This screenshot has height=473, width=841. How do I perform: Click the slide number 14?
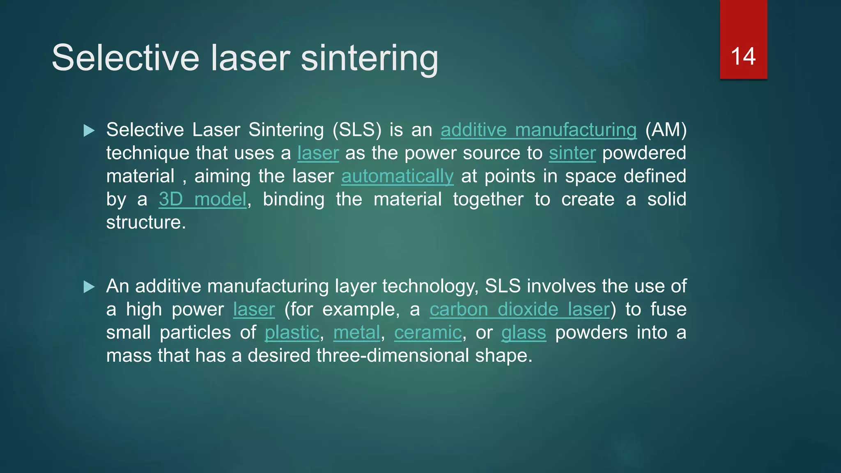click(x=743, y=57)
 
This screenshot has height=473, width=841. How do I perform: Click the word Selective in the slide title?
click(x=125, y=58)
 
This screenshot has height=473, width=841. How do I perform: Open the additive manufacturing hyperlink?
click(x=538, y=130)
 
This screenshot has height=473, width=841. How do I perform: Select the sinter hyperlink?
click(x=572, y=153)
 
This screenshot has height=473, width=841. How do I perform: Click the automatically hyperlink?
click(x=398, y=177)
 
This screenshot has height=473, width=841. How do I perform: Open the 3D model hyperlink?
click(x=202, y=200)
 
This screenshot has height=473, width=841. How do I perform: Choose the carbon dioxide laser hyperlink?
click(x=519, y=310)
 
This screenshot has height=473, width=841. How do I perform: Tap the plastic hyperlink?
click(x=292, y=333)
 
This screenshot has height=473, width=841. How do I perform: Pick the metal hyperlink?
click(x=356, y=333)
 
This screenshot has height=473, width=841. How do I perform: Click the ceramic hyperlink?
click(x=428, y=333)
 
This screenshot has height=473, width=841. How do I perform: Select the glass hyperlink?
click(x=524, y=333)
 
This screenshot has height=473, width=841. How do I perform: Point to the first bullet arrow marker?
click(x=89, y=131)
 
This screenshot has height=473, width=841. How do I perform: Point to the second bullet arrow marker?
click(x=89, y=287)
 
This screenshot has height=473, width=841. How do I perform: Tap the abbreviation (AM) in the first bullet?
click(x=666, y=130)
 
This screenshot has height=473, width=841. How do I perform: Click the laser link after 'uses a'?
click(x=318, y=153)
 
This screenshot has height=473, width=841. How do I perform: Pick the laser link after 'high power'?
click(x=254, y=310)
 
